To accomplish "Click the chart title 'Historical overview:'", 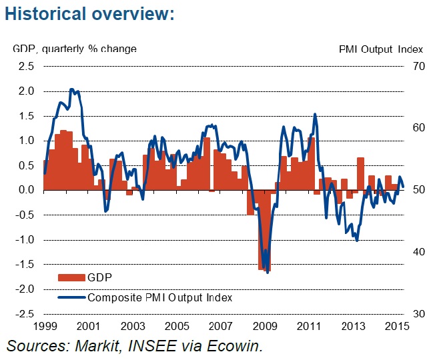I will [89, 14].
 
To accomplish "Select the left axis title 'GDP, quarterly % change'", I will [74, 49].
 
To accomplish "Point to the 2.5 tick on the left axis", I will [26, 66].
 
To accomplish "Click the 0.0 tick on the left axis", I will [26, 190].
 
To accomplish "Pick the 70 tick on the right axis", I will [419, 66].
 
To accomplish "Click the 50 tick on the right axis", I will [419, 190].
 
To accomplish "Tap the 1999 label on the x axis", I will [44, 327].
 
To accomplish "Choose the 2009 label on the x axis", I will [265, 327].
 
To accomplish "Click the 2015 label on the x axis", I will [397, 327].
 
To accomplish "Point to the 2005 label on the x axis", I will [176, 327].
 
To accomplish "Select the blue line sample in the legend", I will [71, 297].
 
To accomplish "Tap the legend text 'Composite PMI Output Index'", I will [159, 297].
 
